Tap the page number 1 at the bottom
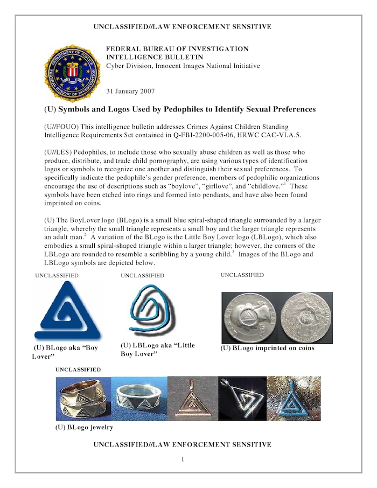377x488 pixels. [x=183, y=459]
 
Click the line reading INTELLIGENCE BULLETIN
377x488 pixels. [x=154, y=57]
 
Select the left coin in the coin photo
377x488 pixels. [x=249, y=317]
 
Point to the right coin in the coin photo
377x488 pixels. [x=305, y=317]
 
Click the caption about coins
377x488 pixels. [x=268, y=348]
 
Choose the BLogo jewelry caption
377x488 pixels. [x=84, y=427]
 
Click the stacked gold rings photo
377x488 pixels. [x=84, y=399]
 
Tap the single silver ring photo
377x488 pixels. [x=139, y=399]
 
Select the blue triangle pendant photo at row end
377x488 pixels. [x=294, y=399]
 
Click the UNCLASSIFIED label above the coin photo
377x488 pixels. [x=242, y=275]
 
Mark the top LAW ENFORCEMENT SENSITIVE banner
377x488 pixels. [x=182, y=26]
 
